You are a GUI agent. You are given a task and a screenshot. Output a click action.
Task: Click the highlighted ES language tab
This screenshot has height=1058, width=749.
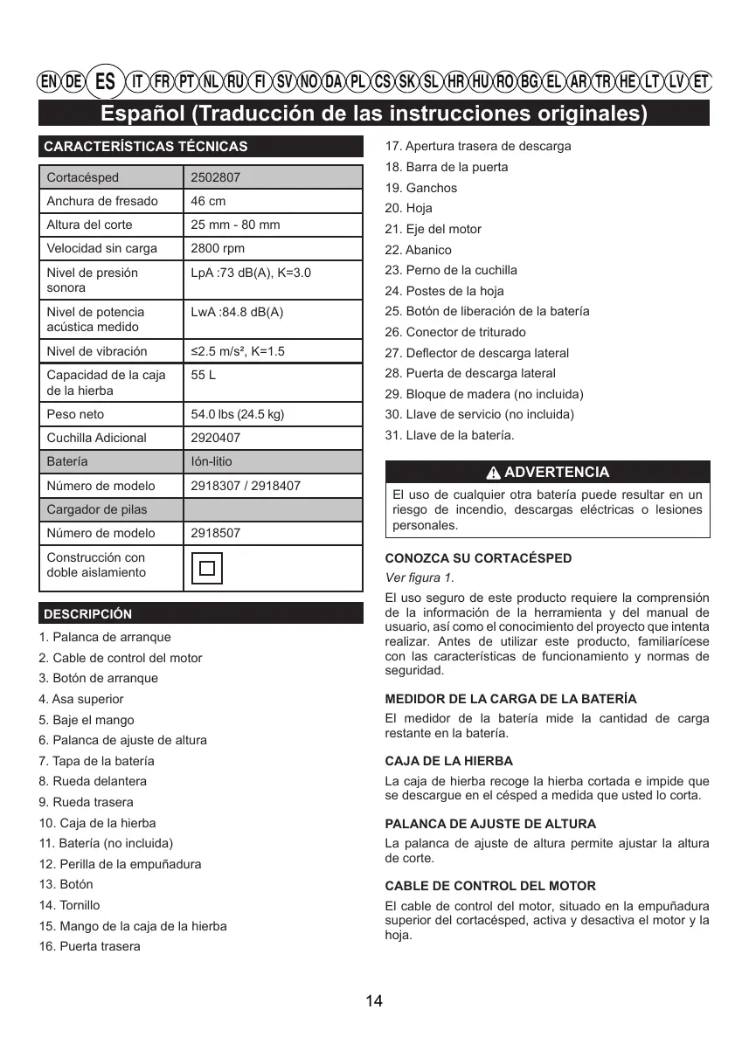pos(105,81)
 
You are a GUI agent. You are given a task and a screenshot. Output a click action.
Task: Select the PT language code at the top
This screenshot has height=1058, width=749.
pos(186,82)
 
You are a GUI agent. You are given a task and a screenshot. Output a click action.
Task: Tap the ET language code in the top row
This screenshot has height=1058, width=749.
pos(701,82)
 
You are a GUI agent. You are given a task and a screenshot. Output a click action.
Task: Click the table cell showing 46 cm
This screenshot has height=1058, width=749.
pos(208,201)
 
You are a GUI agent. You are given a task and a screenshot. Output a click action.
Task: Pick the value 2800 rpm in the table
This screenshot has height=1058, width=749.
pos(218,248)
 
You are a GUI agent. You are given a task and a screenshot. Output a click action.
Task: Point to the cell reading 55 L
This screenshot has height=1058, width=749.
pos(204,375)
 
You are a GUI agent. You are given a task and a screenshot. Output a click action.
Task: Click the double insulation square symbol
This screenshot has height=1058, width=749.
pos(207,568)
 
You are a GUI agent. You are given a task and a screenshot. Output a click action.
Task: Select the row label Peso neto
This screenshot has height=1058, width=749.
pos(75,414)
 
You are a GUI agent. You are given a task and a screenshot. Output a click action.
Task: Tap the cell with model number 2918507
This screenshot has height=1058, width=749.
pos(216,533)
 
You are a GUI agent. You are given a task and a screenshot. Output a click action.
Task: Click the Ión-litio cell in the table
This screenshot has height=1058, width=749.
pos(212,461)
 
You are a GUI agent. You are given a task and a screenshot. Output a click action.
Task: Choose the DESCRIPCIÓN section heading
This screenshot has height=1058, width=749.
pos(88,614)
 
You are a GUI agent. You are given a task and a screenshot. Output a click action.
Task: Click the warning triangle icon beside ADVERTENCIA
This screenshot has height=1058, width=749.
pos(494,473)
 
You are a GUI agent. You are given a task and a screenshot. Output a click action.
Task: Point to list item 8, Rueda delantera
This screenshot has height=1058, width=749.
pos(93,781)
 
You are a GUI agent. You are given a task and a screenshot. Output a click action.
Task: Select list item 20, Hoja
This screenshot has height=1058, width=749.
pos(408,208)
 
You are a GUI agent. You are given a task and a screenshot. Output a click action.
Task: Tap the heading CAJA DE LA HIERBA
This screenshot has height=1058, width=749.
pos(448,761)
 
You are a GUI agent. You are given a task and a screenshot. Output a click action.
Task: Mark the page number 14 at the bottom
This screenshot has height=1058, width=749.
pos(374,1001)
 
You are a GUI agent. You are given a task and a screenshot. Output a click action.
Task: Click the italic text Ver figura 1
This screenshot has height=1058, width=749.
pos(420,577)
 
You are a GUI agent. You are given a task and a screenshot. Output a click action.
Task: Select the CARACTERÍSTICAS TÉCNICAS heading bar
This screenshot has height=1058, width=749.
pos(145,147)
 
